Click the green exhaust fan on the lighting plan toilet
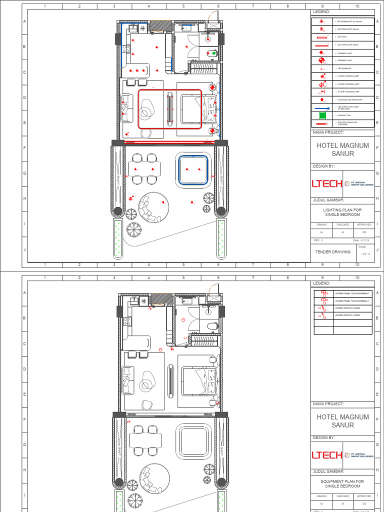click(214, 52)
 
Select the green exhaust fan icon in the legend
click(322, 115)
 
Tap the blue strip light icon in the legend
click(322, 107)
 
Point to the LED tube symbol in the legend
click(322, 37)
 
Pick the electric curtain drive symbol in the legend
click(322, 123)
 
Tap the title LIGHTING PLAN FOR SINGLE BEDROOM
click(342, 212)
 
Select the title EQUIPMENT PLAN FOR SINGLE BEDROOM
click(342, 483)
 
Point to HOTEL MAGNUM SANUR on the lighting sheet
click(342, 149)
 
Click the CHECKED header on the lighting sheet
click(342, 225)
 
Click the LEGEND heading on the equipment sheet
click(322, 283)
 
